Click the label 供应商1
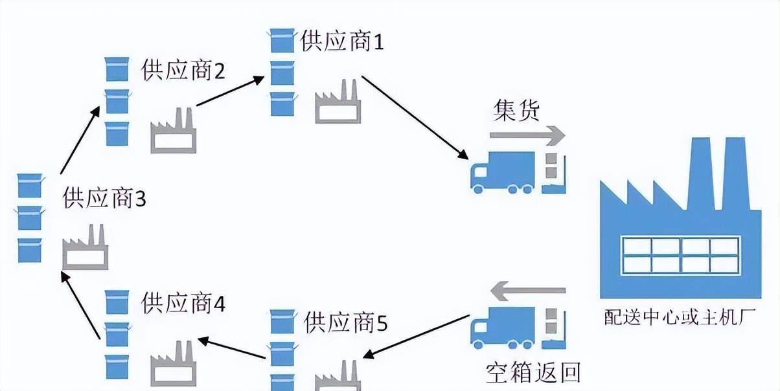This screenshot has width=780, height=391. click(343, 43)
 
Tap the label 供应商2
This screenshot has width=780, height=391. click(183, 71)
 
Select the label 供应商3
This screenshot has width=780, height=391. click(104, 199)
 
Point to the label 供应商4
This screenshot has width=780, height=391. click(183, 302)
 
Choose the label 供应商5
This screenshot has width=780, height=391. click(345, 322)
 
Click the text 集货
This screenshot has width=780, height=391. click(516, 111)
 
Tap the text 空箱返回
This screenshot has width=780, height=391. click(533, 373)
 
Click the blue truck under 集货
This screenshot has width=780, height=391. click(503, 173)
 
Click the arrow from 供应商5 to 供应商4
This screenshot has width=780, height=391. click(233, 348)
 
